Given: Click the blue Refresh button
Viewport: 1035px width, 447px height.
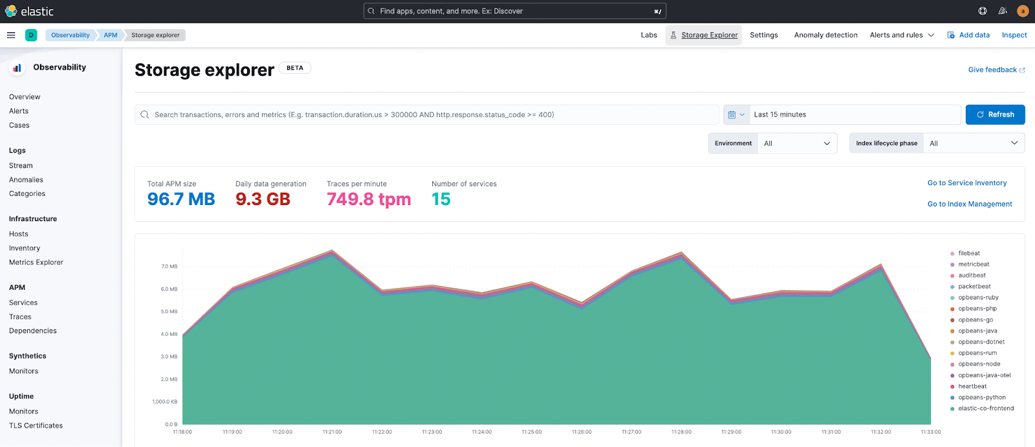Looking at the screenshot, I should (x=995, y=114).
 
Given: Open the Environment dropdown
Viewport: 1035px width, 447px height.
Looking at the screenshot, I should (x=797, y=144).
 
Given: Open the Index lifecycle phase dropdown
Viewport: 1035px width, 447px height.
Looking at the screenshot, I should (x=973, y=144).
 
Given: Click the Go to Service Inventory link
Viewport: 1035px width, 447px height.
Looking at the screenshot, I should (x=966, y=183).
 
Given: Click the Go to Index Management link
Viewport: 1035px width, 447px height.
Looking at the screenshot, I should (x=969, y=204).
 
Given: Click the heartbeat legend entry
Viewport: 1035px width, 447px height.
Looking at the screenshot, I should (x=972, y=386).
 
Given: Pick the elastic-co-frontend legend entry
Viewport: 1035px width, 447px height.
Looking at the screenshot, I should (x=985, y=409).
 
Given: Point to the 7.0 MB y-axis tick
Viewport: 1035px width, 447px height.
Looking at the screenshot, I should (x=169, y=267).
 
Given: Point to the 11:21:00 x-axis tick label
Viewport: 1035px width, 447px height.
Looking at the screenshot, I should (x=332, y=432).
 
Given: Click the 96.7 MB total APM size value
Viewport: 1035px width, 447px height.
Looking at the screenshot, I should (x=181, y=199).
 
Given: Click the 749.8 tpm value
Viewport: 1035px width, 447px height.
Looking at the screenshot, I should (x=369, y=199).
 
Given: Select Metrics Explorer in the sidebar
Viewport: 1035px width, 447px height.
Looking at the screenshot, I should (x=36, y=263).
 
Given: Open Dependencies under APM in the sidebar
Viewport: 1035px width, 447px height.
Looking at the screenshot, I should (x=33, y=331).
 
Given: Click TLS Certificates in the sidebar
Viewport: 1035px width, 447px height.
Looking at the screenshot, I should (x=36, y=426).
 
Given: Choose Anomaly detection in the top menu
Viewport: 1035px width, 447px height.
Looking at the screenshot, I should (x=825, y=35).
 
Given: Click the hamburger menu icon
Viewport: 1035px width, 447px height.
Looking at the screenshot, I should (x=11, y=35).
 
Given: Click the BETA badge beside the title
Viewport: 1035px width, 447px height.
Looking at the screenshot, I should (x=295, y=68).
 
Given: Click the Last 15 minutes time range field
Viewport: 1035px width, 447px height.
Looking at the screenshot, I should (x=854, y=114).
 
